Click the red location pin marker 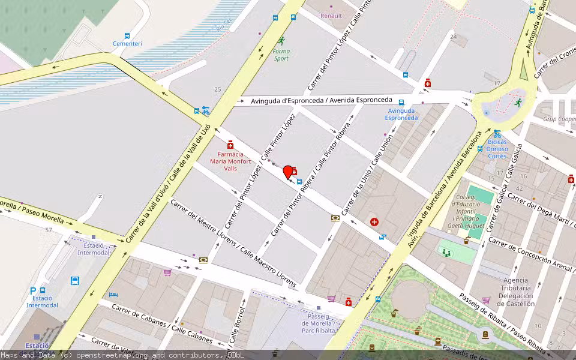click(288, 172)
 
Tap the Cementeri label click(127, 44)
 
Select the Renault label click(331, 16)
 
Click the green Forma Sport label click(281, 55)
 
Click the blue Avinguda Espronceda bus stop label click(401, 114)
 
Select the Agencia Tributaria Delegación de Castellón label click(515, 292)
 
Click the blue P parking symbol click(34, 291)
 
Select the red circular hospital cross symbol click(375, 222)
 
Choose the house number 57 click(48, 230)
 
